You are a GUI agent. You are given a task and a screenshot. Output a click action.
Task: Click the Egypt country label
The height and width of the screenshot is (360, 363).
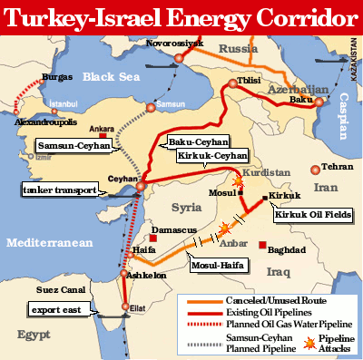(x=32, y=335)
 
